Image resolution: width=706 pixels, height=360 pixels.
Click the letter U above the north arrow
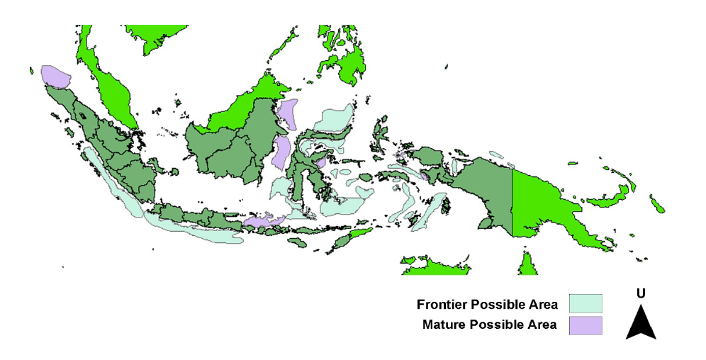pos(641,293)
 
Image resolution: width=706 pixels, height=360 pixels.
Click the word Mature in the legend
pos(442,326)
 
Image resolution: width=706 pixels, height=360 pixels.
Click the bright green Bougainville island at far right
pos(658,205)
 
